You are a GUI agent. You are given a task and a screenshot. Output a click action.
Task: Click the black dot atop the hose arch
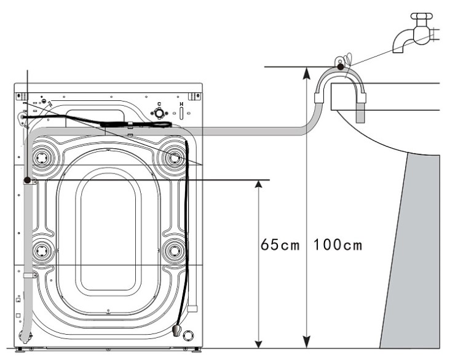point(339,66)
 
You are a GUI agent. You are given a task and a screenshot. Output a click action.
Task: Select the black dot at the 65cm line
point(28,180)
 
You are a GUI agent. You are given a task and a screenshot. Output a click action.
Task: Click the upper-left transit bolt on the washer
point(42,158)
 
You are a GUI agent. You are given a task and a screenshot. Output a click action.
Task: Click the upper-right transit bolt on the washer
point(174,158)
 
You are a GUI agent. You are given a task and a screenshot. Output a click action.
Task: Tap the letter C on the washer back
point(159,104)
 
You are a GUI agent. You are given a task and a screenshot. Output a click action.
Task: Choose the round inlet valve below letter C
point(159,113)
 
